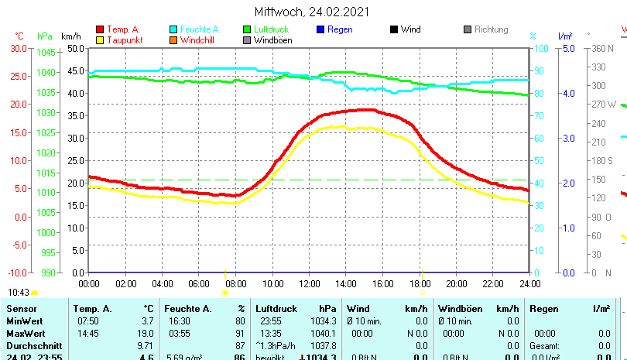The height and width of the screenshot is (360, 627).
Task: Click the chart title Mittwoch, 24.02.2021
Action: (312, 12)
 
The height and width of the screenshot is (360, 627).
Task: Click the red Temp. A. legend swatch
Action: (99, 29)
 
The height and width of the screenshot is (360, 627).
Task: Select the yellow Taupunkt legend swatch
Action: (99, 39)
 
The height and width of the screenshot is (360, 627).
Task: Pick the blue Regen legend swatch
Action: (320, 29)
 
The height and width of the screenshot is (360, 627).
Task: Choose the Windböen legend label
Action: (272, 39)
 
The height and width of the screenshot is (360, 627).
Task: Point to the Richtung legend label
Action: (492, 29)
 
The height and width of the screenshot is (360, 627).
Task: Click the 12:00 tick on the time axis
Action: (309, 283)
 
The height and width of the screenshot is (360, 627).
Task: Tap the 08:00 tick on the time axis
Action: (235, 283)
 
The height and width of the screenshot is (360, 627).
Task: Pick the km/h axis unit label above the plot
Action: (70, 36)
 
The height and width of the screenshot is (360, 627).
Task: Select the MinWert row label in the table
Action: (26, 321)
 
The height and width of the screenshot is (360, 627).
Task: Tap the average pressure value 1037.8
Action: (327, 345)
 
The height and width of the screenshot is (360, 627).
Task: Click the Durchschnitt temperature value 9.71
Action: (145, 345)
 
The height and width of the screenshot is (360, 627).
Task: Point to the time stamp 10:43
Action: (19, 292)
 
